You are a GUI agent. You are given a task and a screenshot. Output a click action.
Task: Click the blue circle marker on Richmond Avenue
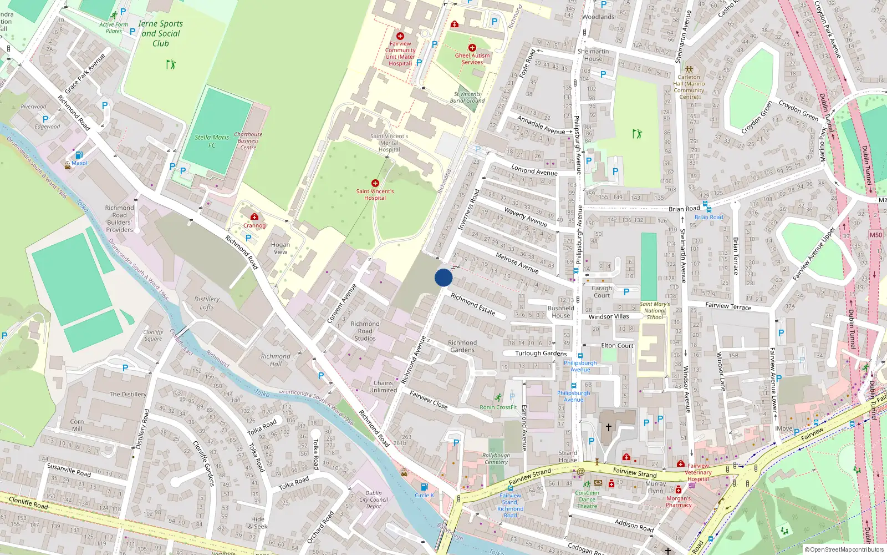point(443,277)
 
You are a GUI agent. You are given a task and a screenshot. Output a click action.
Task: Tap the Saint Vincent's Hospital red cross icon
point(375,183)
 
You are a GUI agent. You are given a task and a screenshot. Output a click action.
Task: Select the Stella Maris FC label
point(212,141)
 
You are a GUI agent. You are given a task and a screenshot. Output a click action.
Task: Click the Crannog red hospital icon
point(254,216)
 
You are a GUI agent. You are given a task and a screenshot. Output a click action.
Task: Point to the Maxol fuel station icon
point(79,155)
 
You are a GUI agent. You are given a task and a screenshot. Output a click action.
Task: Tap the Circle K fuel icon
point(424,487)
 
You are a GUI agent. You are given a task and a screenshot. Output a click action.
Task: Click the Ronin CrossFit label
point(498,407)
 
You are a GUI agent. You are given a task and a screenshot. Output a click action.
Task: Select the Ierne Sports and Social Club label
point(160,33)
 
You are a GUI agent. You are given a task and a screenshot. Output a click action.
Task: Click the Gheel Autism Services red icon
point(472,48)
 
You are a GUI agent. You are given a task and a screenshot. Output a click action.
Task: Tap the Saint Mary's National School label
point(655,310)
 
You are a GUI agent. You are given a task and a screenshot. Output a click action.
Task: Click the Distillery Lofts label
point(207,302)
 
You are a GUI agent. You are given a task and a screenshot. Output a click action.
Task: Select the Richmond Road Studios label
point(365,331)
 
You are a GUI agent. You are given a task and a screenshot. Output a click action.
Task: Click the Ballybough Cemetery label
point(496,458)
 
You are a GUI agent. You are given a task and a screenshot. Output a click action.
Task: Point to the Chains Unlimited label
point(383,386)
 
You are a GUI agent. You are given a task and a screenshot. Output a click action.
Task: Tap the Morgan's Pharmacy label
point(679,502)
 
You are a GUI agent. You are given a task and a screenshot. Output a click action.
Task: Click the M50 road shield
point(875,235)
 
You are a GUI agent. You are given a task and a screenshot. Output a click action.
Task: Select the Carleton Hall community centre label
point(689,87)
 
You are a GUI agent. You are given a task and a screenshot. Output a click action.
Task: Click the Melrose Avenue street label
point(517,263)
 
